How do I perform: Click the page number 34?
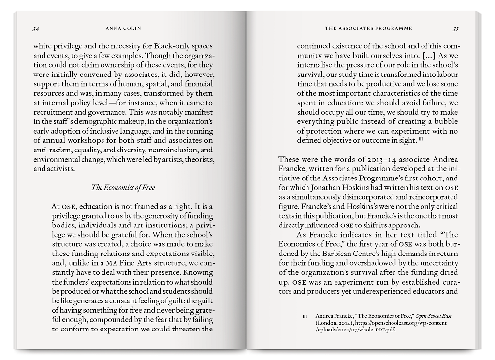(36, 29)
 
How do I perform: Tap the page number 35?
(455, 29)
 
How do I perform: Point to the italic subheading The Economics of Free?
(123, 187)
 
